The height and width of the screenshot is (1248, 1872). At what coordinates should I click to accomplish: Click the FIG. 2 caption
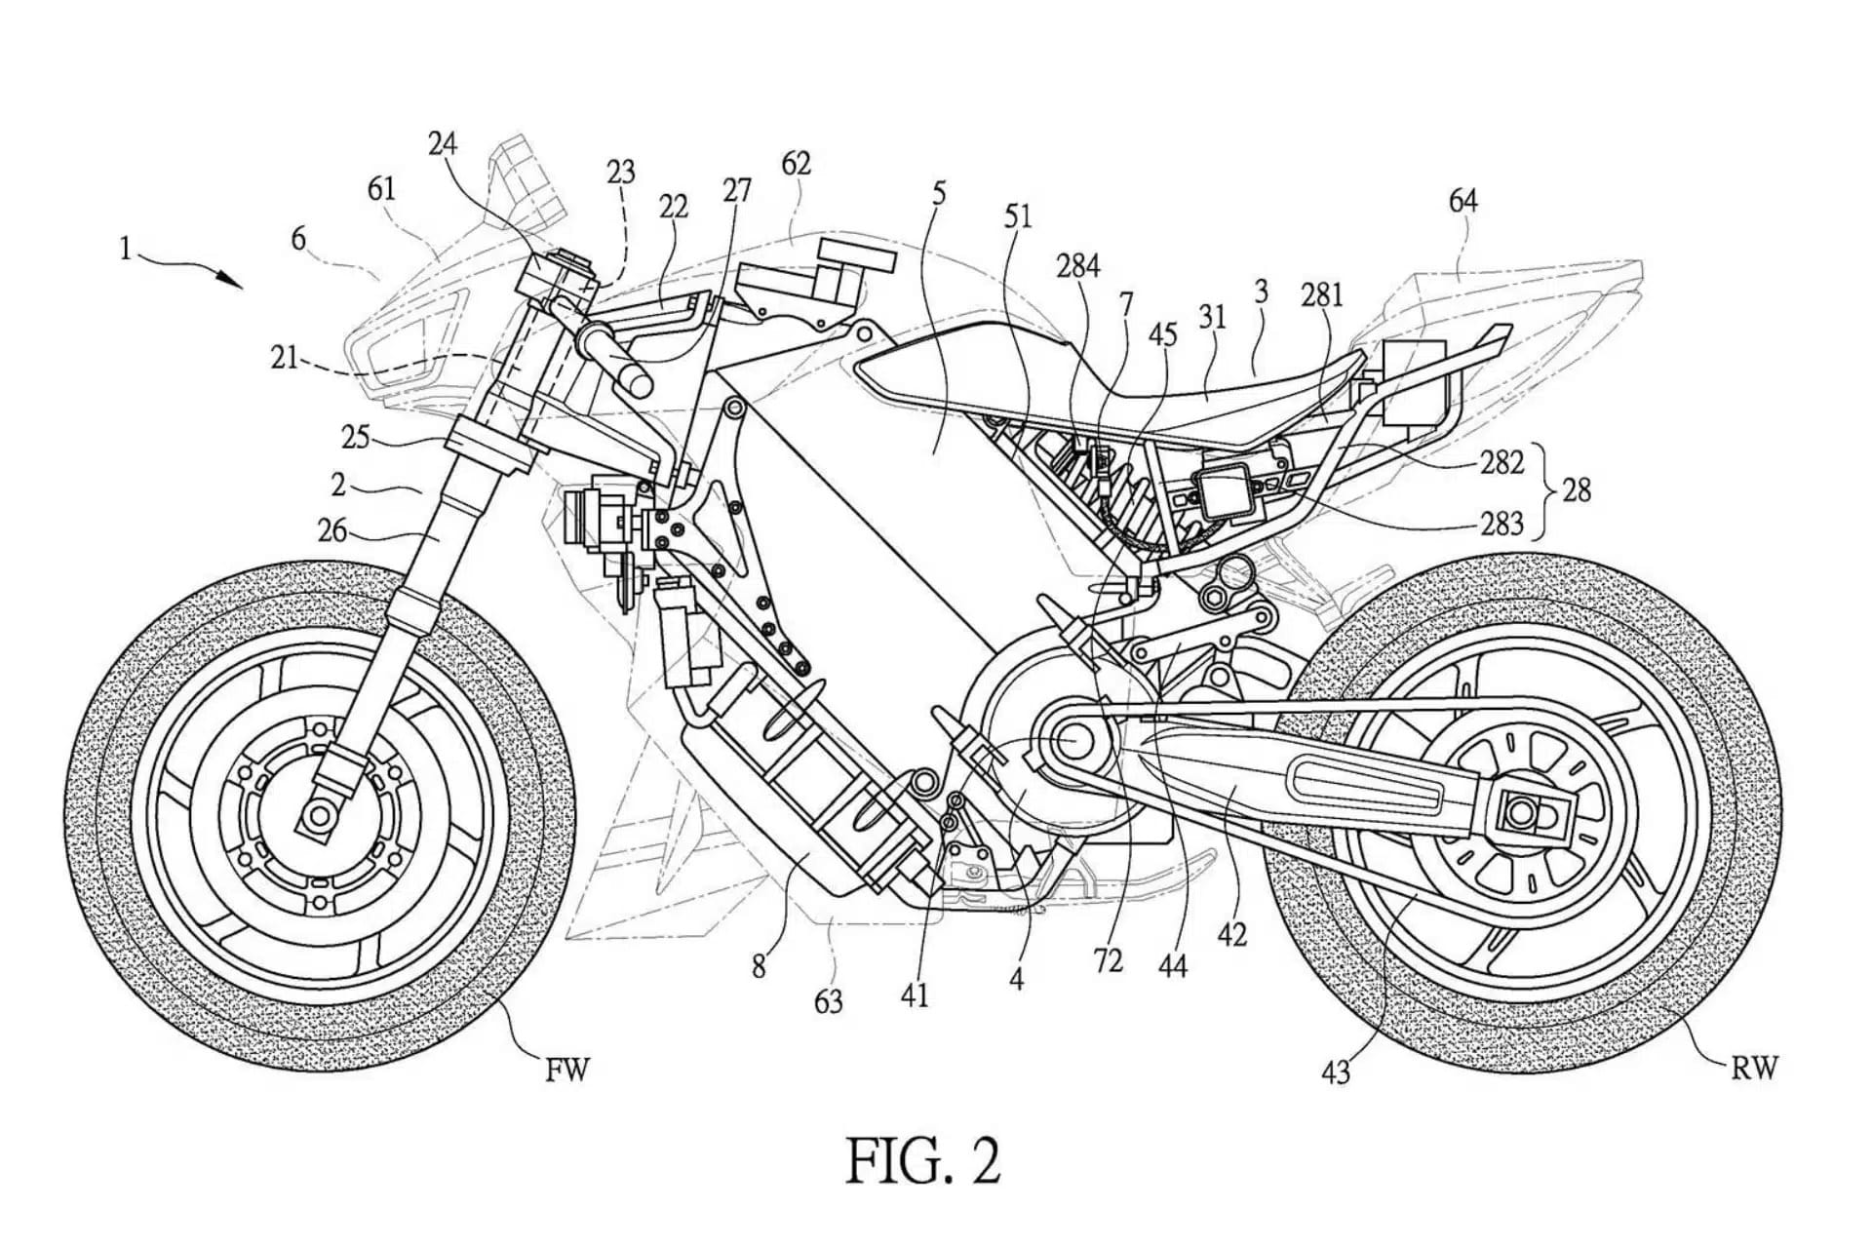[x=922, y=1161]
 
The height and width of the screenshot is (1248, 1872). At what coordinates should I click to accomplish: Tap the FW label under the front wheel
[x=567, y=1071]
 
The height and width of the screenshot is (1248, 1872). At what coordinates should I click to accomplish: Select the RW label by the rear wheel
[x=1755, y=1069]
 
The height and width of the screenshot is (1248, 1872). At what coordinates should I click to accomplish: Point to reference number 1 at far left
[x=125, y=250]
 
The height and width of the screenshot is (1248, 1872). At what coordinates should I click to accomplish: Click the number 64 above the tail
[x=1462, y=201]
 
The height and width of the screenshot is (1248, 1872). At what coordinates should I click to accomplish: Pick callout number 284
[x=1078, y=265]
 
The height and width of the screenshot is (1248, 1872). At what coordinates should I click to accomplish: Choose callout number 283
[x=1501, y=524]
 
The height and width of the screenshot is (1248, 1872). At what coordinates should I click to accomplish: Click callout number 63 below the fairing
[x=828, y=1000]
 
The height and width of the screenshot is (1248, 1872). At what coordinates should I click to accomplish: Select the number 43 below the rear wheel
[x=1335, y=1072]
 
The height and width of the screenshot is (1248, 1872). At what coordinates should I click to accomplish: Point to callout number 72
[x=1108, y=960]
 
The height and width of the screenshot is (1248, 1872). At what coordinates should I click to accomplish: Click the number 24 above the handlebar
[x=442, y=144]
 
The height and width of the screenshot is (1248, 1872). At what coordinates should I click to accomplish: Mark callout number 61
[x=381, y=188]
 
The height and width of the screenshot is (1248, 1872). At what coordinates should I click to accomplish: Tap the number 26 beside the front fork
[x=332, y=530]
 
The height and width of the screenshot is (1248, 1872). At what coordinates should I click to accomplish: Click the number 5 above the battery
[x=938, y=193]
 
